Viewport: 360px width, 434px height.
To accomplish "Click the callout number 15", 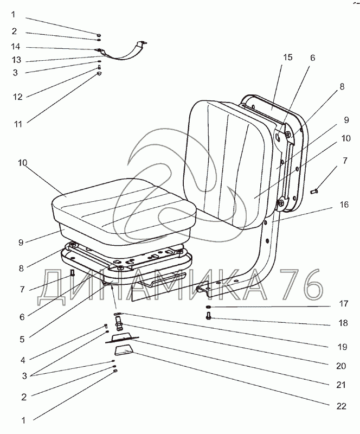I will (x=287, y=58).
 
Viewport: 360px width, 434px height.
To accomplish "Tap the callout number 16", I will (x=344, y=206).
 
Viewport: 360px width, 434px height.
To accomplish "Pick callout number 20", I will (x=340, y=366).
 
